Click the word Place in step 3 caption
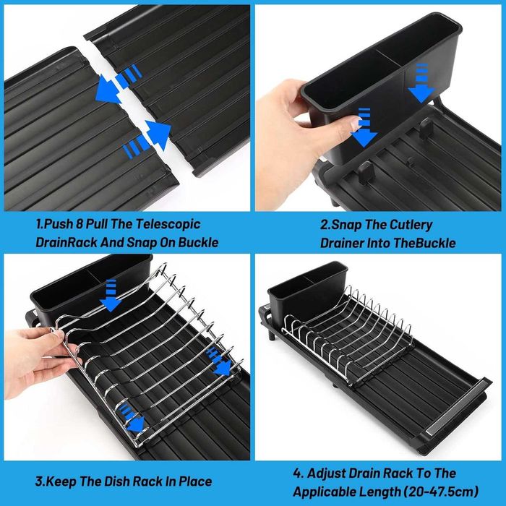click(x=196, y=481)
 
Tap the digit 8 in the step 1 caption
click(x=80, y=224)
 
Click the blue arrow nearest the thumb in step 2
click(x=364, y=127)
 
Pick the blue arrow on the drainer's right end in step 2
click(x=421, y=83)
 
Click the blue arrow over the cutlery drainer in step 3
click(x=111, y=296)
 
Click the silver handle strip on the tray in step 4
click(x=455, y=407)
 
